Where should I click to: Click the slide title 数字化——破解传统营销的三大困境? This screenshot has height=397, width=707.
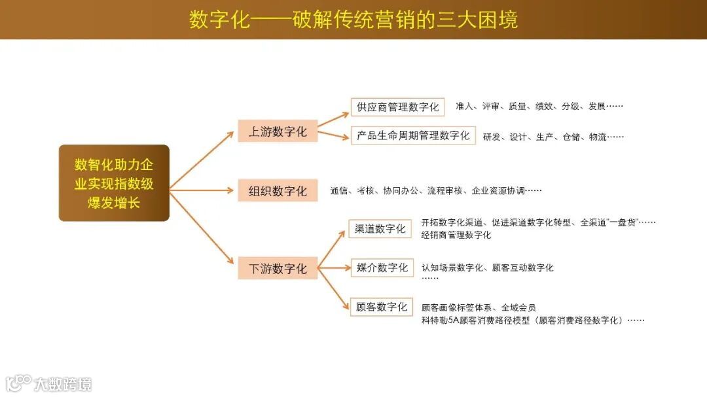(353, 20)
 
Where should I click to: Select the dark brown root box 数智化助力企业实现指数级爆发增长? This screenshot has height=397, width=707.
(114, 183)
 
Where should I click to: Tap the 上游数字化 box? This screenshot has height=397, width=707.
(278, 131)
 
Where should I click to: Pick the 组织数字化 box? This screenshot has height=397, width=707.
(278, 191)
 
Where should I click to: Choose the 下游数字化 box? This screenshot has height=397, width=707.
(278, 268)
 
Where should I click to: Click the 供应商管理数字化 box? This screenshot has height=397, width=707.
(397, 107)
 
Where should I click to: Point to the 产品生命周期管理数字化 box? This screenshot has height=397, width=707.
(413, 135)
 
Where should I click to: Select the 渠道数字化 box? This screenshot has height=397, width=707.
(380, 228)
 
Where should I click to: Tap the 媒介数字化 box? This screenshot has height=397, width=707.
(382, 268)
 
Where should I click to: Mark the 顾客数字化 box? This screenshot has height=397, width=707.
(382, 307)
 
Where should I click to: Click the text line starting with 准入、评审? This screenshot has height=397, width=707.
(539, 106)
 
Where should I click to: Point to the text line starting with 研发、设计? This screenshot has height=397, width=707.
(553, 137)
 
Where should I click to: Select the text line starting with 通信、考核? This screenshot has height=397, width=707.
(436, 191)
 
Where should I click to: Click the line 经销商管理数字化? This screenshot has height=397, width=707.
(456, 235)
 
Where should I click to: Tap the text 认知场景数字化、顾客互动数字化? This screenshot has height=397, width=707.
(488, 268)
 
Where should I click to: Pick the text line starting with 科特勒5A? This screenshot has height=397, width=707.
(533, 320)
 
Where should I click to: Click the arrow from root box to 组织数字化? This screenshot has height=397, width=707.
(203, 190)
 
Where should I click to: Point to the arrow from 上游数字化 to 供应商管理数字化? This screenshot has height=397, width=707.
(334, 118)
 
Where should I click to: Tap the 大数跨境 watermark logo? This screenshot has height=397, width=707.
(49, 383)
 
